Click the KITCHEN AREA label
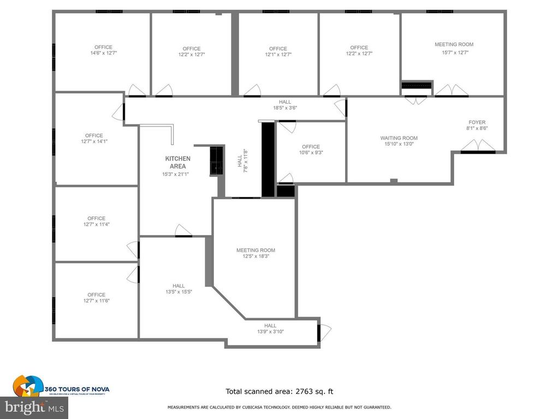[x=178, y=162]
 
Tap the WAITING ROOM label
[x=399, y=138]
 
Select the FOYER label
[x=477, y=122]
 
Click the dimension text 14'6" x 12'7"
[x=103, y=53]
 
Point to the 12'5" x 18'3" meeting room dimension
[x=255, y=256]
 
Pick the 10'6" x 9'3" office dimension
[x=311, y=153]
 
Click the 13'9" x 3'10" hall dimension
[x=270, y=332]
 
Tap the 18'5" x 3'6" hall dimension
[x=285, y=108]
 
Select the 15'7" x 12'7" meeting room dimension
[x=455, y=52]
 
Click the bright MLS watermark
[x=34, y=407]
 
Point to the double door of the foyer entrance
[x=478, y=146]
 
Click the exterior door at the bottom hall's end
[x=324, y=331]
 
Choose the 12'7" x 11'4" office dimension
[x=93, y=224]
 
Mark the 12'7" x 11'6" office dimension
[x=93, y=301]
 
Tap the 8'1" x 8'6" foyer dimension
[x=477, y=129]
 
